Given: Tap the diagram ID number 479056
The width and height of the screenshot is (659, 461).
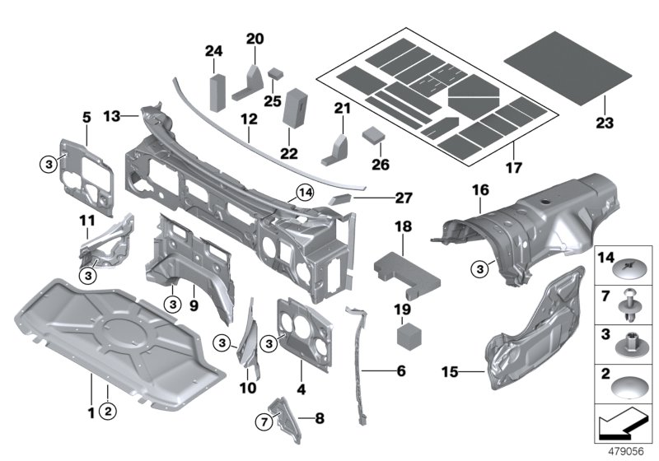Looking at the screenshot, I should pyautogui.click(x=626, y=452).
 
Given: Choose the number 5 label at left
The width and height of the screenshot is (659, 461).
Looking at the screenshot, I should pyautogui.click(x=86, y=118).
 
